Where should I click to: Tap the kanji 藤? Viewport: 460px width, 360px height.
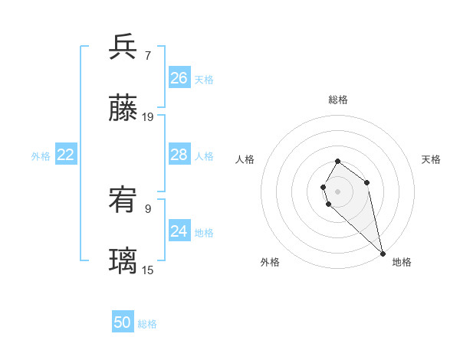[123, 109]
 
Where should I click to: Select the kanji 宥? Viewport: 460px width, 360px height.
[123, 200]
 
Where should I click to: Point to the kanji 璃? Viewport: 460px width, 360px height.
[123, 262]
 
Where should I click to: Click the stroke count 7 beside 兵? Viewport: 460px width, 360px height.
[147, 55]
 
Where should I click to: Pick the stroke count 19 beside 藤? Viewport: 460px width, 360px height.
[148, 117]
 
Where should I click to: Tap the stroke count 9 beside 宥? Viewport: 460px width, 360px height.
[147, 208]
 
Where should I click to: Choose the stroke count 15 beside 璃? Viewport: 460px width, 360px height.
[148, 270]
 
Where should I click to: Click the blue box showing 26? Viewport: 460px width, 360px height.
[179, 78]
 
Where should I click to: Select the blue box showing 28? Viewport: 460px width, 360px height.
[179, 155]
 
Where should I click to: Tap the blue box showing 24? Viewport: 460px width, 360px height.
[179, 231]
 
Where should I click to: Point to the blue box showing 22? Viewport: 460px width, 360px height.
[66, 155]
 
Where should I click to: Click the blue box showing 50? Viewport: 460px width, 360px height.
[123, 322]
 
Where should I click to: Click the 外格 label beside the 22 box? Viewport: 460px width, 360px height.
[41, 156]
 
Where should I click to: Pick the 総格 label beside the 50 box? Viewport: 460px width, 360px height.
[147, 324]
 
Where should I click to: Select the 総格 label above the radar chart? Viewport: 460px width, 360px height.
[338, 100]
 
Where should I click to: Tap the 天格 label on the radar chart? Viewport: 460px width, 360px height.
[431, 159]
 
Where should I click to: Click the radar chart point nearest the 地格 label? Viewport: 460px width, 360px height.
[383, 253]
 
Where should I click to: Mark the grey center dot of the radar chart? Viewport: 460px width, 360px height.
[338, 191]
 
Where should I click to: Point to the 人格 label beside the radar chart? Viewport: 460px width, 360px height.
[245, 159]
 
